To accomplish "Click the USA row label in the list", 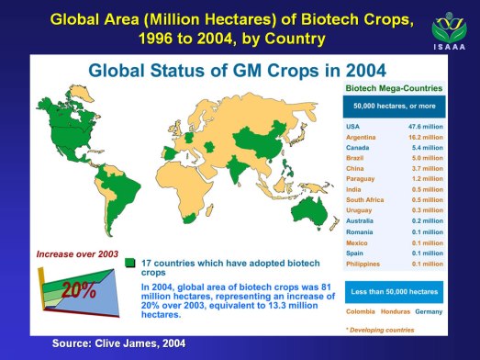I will click(x=352, y=126).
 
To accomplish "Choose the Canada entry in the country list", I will click(x=357, y=148).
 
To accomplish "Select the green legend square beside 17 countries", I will click(x=128, y=263).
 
